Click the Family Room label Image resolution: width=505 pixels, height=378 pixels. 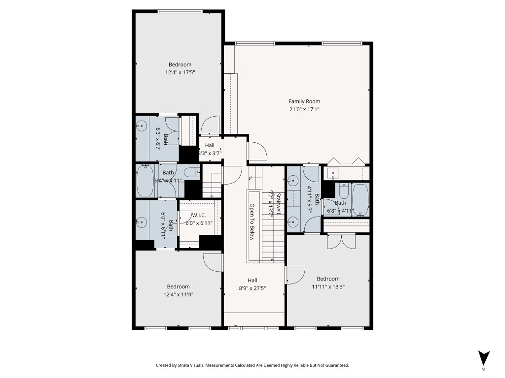304,101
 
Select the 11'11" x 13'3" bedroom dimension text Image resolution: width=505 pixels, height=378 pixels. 328,286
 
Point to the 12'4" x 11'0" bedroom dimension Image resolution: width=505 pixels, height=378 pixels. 178,294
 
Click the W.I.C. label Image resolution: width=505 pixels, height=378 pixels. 199,215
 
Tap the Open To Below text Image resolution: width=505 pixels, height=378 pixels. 252,222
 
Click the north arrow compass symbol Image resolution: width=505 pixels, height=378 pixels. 484,358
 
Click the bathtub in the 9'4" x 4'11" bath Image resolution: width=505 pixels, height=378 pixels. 145,181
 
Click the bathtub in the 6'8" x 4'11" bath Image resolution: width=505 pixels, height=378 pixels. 361,200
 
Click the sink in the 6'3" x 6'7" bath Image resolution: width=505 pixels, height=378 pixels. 142,126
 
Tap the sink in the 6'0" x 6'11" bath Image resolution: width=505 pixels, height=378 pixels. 142,222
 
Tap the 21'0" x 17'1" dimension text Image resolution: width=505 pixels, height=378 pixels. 304,109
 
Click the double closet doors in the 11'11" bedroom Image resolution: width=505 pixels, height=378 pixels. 341,241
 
